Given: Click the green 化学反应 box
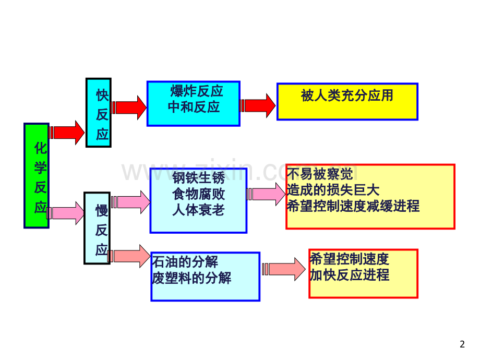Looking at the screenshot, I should [37, 175].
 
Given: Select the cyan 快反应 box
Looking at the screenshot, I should [98, 112].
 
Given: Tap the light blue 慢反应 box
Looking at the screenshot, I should [97, 228].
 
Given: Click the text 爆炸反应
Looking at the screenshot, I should [197, 92].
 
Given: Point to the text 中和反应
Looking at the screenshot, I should [194, 107].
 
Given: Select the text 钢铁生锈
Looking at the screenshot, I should [198, 178].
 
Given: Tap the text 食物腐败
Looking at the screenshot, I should [198, 194].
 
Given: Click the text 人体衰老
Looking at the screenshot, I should [198, 210].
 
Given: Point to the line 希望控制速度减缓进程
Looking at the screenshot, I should [353, 206].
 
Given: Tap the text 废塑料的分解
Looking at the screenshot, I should [191, 278].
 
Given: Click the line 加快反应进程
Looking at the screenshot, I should [350, 275].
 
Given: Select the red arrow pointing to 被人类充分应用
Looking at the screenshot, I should [258, 106].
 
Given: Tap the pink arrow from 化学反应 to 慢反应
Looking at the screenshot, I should [67, 213].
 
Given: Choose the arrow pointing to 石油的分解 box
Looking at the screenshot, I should [131, 256].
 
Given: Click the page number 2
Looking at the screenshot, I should [462, 344].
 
